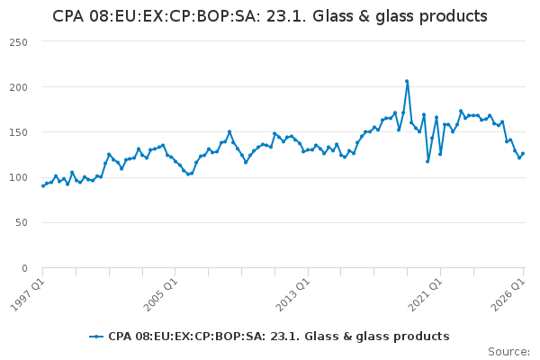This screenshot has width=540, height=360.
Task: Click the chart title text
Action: [270, 16]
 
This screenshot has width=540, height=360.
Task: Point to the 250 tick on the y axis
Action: [19, 42]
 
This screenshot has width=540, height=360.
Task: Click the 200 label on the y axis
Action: [19, 87]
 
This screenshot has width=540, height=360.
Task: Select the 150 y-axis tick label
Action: [19, 132]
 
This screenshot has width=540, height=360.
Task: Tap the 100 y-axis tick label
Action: [19, 178]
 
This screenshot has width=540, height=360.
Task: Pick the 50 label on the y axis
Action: [22, 223]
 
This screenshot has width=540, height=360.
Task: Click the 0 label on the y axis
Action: [24, 268]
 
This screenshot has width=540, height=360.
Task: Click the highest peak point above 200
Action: [407, 81]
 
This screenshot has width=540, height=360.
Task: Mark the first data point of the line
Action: [42, 186]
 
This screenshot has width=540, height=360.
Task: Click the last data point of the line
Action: [523, 154]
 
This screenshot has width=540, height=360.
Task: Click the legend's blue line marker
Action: [96, 337]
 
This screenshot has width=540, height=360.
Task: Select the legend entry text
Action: [279, 337]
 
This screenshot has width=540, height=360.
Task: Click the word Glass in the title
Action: [332, 16]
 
